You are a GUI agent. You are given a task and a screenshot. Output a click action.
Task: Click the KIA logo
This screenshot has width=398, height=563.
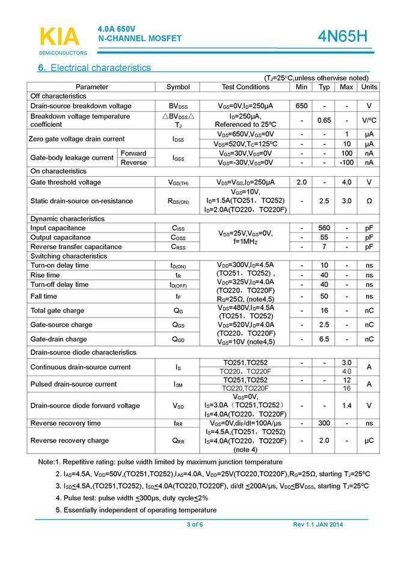click(x=58, y=37)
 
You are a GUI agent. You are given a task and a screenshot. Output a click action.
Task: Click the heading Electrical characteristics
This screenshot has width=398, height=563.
click(x=94, y=68)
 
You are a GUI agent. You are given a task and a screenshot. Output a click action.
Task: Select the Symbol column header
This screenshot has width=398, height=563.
click(x=178, y=87)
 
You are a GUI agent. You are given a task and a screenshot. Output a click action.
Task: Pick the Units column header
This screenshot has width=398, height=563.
click(x=369, y=87)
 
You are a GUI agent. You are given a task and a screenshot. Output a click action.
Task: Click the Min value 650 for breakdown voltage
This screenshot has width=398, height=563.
click(x=302, y=106)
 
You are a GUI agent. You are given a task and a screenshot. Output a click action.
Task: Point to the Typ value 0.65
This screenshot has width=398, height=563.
click(x=325, y=120)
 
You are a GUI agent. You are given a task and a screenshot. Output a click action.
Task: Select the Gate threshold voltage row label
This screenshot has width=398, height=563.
click(x=66, y=182)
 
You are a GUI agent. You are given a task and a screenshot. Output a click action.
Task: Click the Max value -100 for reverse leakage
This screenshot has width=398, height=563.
click(x=346, y=162)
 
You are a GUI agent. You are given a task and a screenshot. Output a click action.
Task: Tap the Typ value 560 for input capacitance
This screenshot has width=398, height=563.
click(x=325, y=228)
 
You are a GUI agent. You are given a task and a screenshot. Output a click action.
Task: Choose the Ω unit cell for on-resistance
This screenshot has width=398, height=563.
click(x=369, y=201)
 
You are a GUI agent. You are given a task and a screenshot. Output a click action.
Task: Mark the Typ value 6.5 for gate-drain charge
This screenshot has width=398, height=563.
click(x=325, y=339)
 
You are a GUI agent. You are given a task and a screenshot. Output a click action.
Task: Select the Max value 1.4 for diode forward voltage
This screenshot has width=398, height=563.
click(x=346, y=405)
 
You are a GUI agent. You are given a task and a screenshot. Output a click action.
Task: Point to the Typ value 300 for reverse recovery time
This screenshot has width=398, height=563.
click(x=325, y=423)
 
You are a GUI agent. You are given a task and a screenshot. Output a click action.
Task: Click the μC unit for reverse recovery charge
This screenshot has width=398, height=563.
click(x=369, y=441)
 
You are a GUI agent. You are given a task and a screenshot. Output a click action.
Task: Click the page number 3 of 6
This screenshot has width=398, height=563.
click(x=195, y=525)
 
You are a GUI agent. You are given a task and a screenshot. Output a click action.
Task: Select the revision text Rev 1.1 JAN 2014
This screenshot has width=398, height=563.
click(x=318, y=525)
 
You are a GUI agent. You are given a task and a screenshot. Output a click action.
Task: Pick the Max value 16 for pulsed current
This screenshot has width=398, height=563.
click(x=346, y=389)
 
